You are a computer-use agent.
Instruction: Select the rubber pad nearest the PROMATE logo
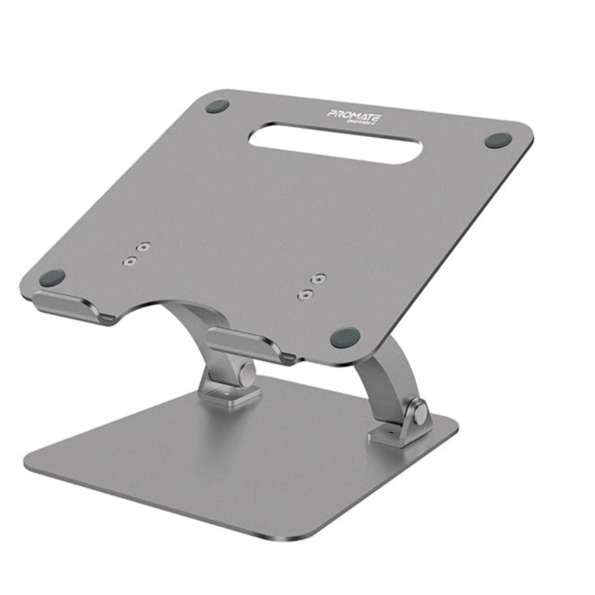218,106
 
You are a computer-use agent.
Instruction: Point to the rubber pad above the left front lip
53,277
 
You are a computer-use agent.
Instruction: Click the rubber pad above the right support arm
345,337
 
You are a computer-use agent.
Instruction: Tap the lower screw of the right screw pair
306,294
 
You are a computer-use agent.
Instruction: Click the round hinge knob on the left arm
246,374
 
